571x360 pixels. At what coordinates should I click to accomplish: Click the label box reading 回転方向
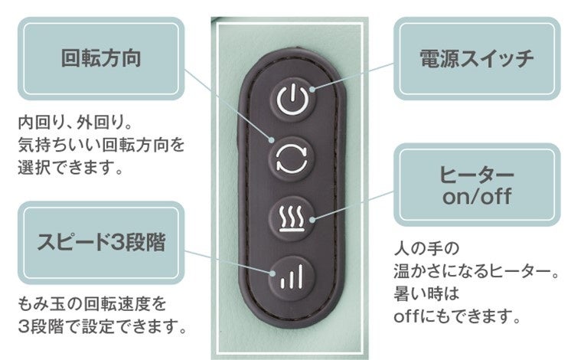[x=101, y=59]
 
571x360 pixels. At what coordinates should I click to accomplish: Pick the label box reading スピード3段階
[x=101, y=243]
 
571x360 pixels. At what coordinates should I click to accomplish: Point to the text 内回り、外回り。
[x=76, y=123]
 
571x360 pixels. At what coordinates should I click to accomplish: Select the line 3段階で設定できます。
[x=102, y=328]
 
